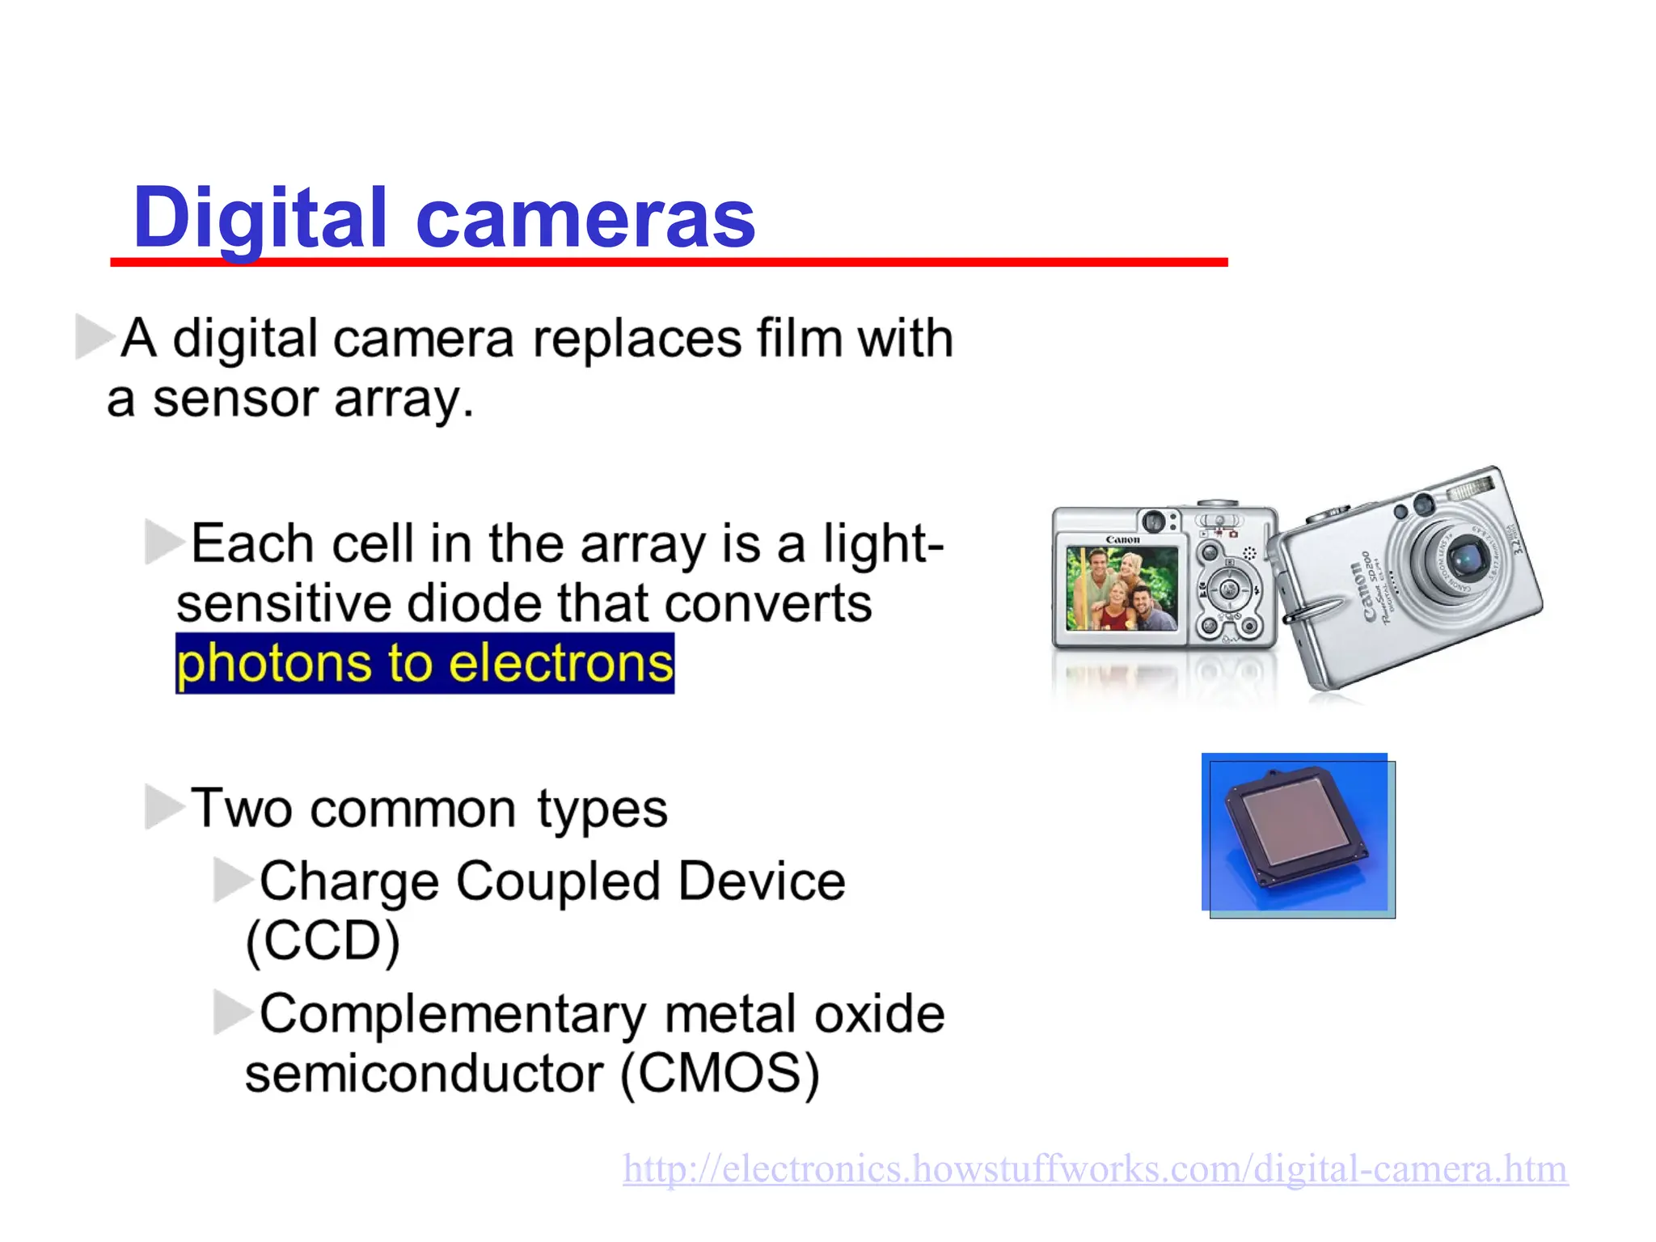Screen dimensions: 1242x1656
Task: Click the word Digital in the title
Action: tap(260, 218)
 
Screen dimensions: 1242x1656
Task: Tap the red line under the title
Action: tap(669, 262)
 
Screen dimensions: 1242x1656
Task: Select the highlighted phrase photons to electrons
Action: tap(425, 663)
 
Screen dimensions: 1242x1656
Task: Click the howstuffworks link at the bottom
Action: tap(1095, 1169)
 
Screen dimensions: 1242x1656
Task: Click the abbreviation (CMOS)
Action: tap(720, 1074)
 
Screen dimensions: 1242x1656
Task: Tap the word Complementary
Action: tap(453, 1014)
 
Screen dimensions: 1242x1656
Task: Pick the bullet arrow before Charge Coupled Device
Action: tap(233, 879)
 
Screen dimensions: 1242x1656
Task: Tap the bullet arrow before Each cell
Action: tap(164, 542)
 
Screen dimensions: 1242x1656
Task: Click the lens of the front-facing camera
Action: tap(1465, 557)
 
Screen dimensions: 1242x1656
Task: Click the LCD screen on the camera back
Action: tap(1122, 588)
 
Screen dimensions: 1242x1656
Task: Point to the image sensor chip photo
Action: tap(1298, 834)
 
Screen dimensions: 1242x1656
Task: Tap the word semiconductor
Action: tap(424, 1074)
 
